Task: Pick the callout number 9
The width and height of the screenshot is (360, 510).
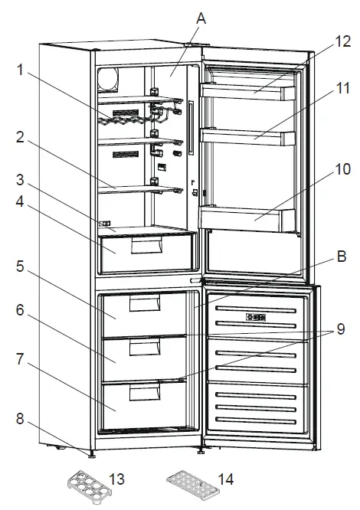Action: point(339,331)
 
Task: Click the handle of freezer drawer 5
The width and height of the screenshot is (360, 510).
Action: point(145,306)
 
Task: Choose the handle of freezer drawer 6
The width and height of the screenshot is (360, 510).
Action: point(145,348)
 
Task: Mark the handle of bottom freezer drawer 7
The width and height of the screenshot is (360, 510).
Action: point(145,394)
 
